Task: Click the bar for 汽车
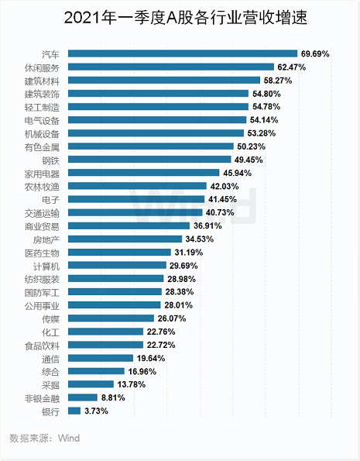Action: click(x=183, y=53)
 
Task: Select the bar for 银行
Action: click(x=74, y=411)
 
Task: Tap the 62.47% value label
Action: click(x=292, y=67)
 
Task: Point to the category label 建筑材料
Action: click(x=42, y=81)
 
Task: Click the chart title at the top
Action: click(x=186, y=17)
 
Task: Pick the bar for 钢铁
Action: click(x=149, y=160)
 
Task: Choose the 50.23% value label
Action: click(x=252, y=146)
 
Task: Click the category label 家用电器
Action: click(x=42, y=174)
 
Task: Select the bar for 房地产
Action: click(x=125, y=239)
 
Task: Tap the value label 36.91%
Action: click(x=207, y=225)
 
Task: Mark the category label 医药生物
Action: click(x=42, y=253)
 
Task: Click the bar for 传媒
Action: click(x=111, y=318)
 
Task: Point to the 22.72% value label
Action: click(x=161, y=345)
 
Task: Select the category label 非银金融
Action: click(x=42, y=399)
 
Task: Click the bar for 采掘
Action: click(x=91, y=384)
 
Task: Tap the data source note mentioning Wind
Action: click(x=44, y=438)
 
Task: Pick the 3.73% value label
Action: click(x=96, y=411)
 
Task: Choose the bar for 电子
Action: click(x=136, y=199)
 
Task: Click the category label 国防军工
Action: click(x=42, y=293)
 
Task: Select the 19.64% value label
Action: click(x=151, y=358)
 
